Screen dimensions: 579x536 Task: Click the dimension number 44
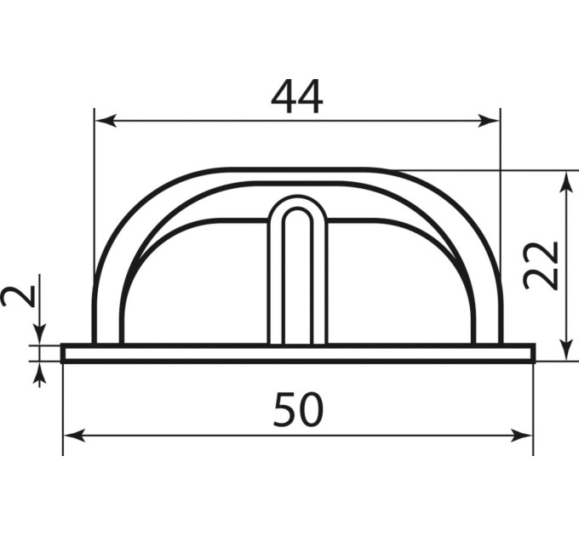click(x=297, y=97)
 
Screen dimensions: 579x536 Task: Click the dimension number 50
click(x=298, y=409)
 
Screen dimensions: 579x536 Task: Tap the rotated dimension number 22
click(x=541, y=266)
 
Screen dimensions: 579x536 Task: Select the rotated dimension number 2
click(x=19, y=296)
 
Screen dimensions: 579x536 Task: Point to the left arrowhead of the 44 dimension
click(x=106, y=121)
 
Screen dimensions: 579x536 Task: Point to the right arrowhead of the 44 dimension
click(x=488, y=121)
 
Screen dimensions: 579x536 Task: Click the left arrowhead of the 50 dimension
click(x=75, y=436)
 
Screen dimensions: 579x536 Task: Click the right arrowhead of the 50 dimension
click(x=521, y=436)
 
